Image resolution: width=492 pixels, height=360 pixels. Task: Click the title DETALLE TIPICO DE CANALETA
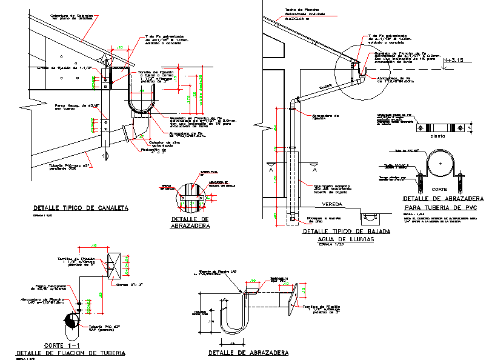pyautogui.click(x=81, y=208)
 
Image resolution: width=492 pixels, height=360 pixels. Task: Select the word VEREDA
pyautogui.click(x=331, y=204)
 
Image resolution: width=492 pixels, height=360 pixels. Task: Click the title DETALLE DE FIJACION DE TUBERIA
pyautogui.click(x=71, y=352)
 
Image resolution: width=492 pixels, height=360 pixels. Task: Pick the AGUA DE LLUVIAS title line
pyautogui.click(x=337, y=239)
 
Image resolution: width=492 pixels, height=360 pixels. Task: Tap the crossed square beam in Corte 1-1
pyautogui.click(x=115, y=266)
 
